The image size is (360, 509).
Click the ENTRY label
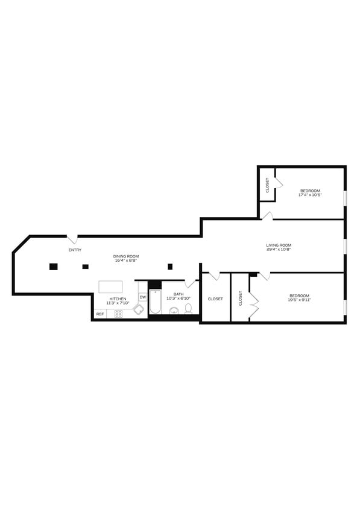(x=75, y=250)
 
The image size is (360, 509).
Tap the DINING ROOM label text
(x=126, y=256)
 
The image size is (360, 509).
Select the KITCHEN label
(x=118, y=299)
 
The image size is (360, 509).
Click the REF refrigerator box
(x=100, y=314)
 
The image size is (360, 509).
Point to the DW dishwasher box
(x=142, y=297)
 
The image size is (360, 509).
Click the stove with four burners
(x=118, y=314)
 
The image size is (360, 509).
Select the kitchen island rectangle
(x=110, y=286)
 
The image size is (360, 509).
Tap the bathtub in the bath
(x=155, y=303)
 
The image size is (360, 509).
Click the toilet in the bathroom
(x=188, y=309)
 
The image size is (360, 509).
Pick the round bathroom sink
(x=174, y=311)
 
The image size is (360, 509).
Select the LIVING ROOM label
(x=279, y=245)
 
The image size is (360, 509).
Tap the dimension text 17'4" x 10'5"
(x=310, y=195)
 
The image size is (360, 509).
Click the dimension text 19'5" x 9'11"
(x=298, y=300)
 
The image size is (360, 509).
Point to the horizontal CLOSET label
(x=215, y=299)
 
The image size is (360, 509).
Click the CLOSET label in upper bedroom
(x=267, y=185)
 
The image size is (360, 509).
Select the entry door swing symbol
(x=71, y=239)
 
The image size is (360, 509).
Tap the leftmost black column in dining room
(x=53, y=267)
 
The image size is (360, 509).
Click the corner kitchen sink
(x=139, y=309)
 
